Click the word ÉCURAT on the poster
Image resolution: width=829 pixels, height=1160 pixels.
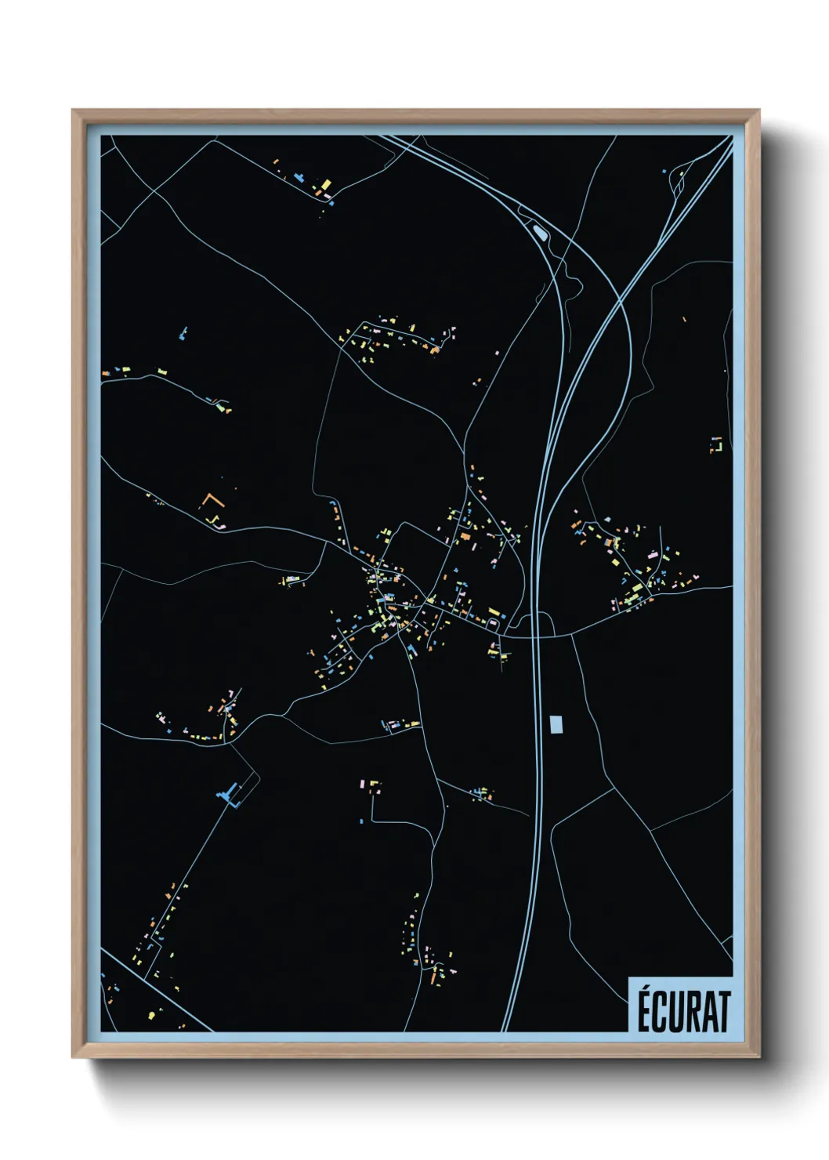[x=682, y=1011]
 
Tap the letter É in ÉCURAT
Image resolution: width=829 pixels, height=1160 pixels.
[x=643, y=1011]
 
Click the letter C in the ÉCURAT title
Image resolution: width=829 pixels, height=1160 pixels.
[x=661, y=1012]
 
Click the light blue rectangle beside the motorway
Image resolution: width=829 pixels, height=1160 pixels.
[x=556, y=724]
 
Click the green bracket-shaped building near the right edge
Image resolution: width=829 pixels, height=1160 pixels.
[x=715, y=444]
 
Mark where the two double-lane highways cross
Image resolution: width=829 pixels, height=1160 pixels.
[x=621, y=299]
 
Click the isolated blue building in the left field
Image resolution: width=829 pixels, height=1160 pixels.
[x=183, y=334]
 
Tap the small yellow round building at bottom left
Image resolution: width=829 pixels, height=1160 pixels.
[x=151, y=1016]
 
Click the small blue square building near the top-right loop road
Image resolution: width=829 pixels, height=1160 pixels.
[x=664, y=170]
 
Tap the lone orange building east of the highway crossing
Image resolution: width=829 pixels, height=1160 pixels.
[x=684, y=319]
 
